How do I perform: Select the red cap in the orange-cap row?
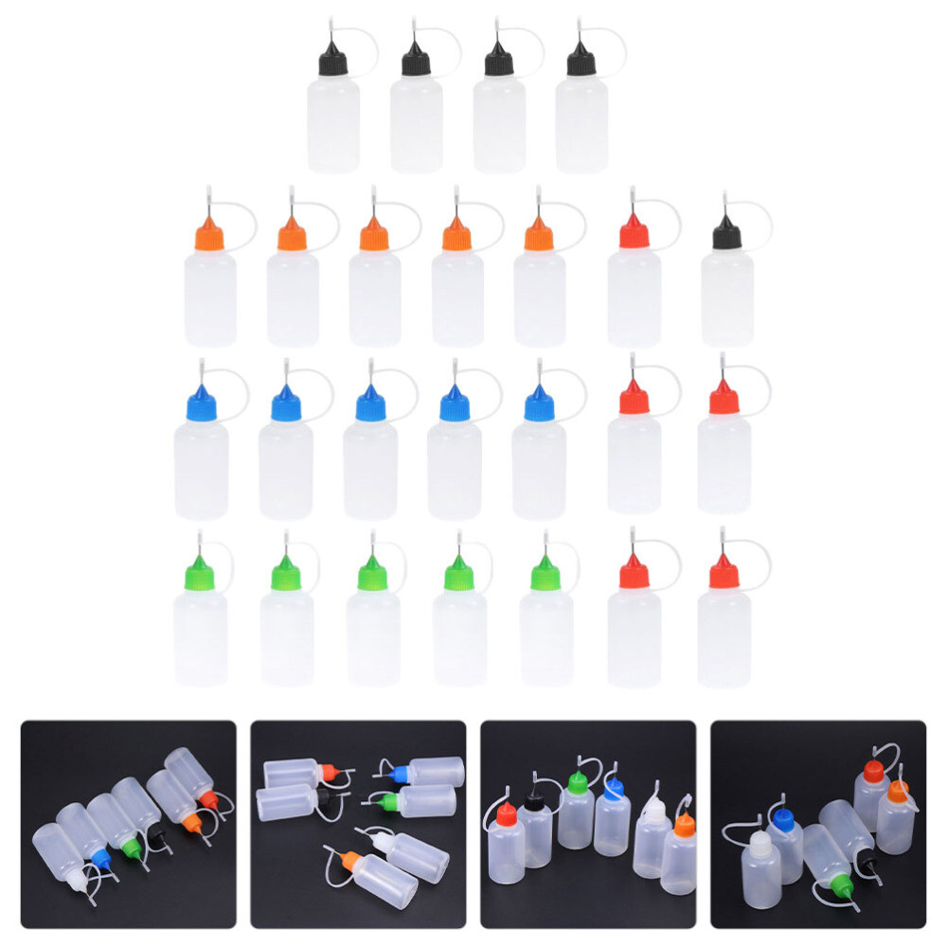pos(634,233)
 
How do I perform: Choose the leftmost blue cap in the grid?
pos(202,404)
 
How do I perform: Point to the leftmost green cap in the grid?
pos(200,573)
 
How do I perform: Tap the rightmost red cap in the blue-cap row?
pos(724,400)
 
